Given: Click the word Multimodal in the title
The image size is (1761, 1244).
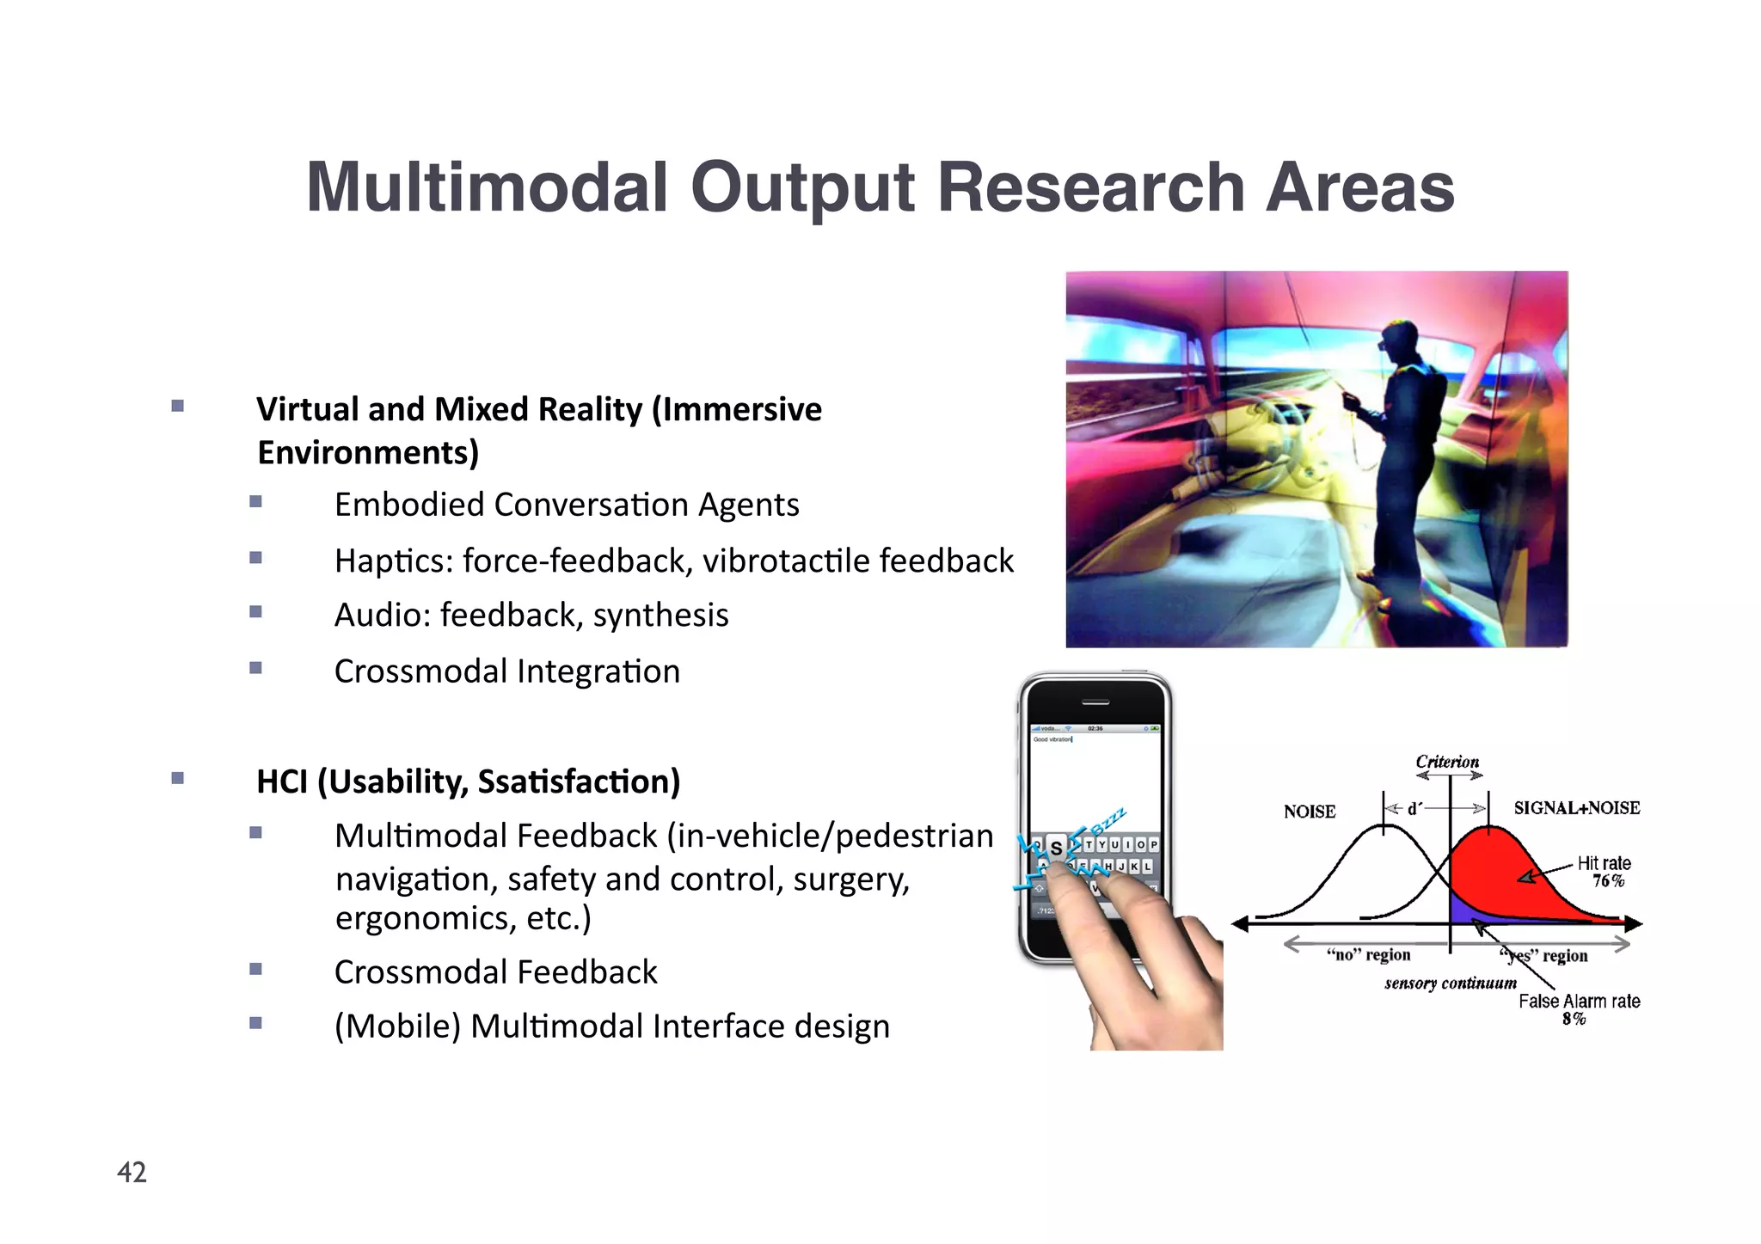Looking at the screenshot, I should (x=487, y=187).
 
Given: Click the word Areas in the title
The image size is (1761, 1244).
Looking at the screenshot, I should (x=1359, y=187).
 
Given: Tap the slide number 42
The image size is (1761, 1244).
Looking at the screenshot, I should (x=132, y=1172).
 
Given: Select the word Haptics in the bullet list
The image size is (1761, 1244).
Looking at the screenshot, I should (x=392, y=561).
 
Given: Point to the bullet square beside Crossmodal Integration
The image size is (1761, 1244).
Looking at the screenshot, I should (x=255, y=668).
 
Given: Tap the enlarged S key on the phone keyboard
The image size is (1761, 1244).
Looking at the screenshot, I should (x=1056, y=847).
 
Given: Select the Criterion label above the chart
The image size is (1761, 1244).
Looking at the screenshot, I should (x=1447, y=762).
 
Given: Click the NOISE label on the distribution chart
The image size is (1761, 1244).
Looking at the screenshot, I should (x=1309, y=812).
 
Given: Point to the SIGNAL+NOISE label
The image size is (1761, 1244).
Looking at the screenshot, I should (x=1576, y=808).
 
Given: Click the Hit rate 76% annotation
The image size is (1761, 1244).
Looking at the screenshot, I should (x=1605, y=871).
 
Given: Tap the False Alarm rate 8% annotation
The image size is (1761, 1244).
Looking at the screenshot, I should (x=1579, y=1009).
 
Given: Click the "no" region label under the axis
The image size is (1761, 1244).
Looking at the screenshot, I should (x=1368, y=955).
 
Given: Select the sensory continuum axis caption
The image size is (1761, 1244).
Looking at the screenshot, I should (x=1450, y=983).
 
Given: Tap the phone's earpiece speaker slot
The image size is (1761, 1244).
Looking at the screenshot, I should (x=1095, y=702).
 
